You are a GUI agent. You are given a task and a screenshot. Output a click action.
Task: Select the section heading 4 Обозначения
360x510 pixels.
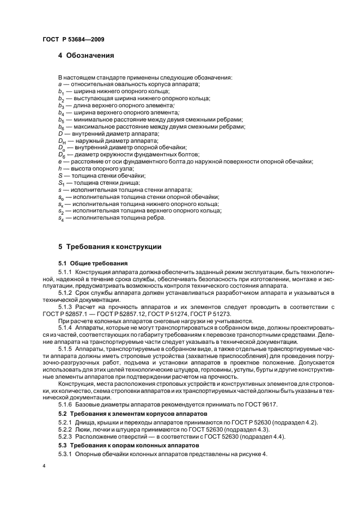click(x=86, y=56)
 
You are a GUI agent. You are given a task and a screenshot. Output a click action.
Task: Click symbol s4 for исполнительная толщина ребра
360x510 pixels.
click(x=60, y=218)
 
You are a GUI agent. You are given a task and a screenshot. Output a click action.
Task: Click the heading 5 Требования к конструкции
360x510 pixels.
click(x=109, y=247)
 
